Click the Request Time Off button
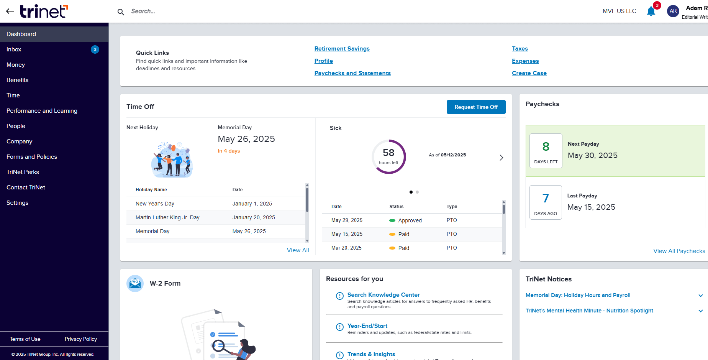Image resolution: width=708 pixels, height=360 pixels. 476,107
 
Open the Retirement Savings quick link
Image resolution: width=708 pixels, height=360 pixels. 342,49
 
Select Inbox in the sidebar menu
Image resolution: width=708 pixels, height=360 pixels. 14,49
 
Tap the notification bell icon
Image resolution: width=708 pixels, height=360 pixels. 651,11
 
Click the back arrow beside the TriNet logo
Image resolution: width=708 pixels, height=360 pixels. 10,11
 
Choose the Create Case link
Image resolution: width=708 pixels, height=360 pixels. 529,73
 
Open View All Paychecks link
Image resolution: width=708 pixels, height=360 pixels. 679,251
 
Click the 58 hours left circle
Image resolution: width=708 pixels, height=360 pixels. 388,156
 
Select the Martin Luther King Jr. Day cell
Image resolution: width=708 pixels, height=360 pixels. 167,217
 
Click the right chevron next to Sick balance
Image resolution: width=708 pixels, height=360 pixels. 501,158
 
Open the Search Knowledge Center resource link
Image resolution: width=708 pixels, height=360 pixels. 383,295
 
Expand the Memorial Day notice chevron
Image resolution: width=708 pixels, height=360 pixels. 700,296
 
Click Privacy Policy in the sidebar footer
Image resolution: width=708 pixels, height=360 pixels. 80,339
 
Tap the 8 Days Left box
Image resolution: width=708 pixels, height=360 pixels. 546,151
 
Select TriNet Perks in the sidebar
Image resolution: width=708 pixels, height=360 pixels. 23,172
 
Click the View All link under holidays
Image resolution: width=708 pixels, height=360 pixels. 298,250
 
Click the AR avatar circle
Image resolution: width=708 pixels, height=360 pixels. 673,11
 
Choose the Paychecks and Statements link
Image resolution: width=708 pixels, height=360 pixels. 352,73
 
